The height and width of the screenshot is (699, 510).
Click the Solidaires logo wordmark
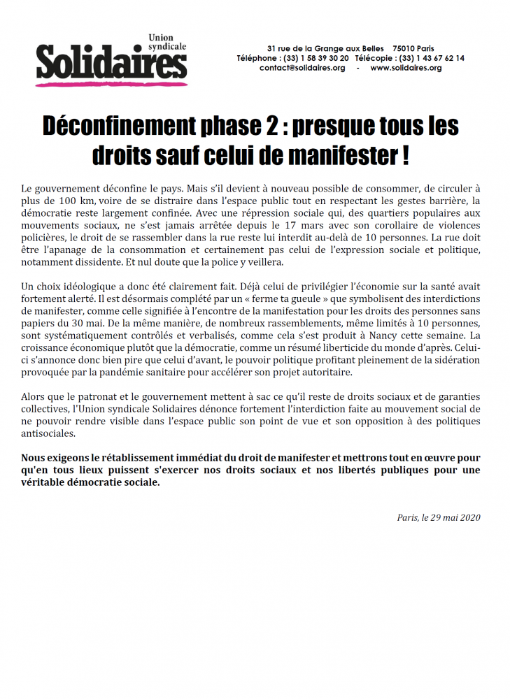coord(112,62)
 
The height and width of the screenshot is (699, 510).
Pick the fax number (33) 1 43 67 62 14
coord(431,58)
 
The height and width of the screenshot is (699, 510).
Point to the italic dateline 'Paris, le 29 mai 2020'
coord(439,518)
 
